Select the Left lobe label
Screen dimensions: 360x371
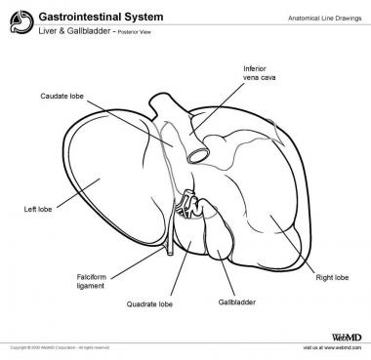(x=37, y=209)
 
